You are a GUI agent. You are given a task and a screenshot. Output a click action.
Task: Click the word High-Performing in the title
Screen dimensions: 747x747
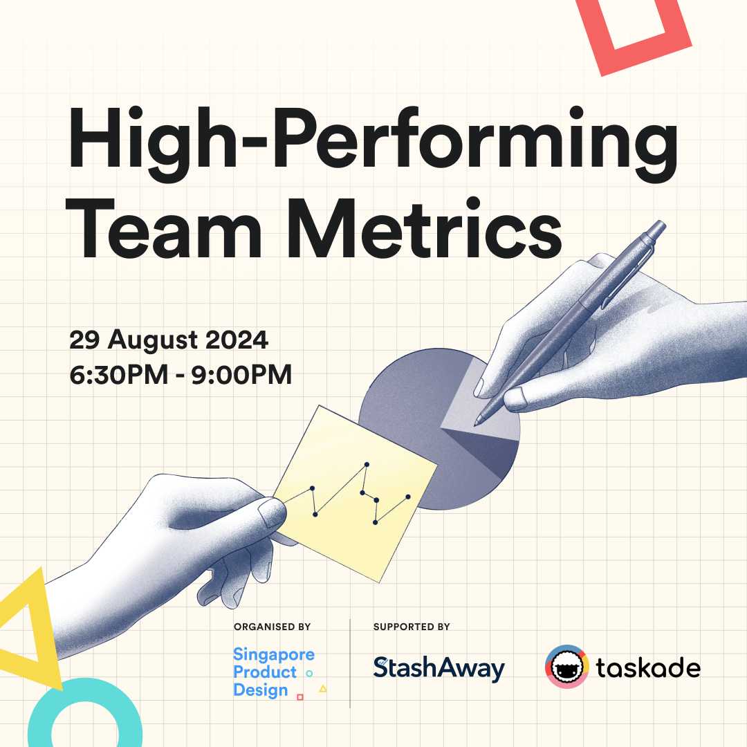373,144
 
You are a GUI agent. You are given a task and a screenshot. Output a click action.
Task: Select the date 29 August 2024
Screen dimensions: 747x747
169,340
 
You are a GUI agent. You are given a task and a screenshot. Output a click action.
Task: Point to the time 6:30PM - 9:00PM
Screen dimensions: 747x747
181,374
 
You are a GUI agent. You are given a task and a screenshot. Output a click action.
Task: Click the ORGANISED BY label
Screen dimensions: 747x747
272,627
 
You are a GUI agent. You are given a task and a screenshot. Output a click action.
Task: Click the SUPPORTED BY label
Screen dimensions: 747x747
412,627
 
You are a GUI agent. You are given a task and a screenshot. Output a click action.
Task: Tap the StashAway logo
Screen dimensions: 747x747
439,668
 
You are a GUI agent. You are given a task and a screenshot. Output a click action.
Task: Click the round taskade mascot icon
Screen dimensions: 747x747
567,667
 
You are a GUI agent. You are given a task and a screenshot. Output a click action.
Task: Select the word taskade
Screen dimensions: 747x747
648,667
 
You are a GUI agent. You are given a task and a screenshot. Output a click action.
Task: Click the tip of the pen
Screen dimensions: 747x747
475,425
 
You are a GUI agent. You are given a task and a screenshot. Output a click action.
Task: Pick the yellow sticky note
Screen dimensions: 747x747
355,494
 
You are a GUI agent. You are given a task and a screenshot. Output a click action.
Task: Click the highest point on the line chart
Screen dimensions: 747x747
367,464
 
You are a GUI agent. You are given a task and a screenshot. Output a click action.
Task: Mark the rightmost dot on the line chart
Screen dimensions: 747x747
408,497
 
